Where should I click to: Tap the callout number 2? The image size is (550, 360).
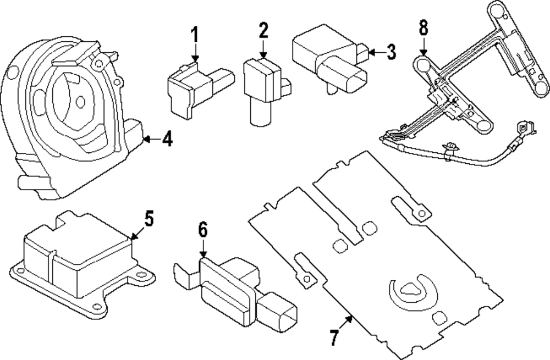[263, 31]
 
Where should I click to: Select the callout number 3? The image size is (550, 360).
[390, 53]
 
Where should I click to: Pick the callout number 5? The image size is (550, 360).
[148, 218]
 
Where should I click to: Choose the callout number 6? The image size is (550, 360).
[203, 230]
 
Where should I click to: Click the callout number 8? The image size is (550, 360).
[423, 28]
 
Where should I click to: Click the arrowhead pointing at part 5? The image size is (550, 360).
[132, 237]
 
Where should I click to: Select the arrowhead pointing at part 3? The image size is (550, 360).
[369, 53]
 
